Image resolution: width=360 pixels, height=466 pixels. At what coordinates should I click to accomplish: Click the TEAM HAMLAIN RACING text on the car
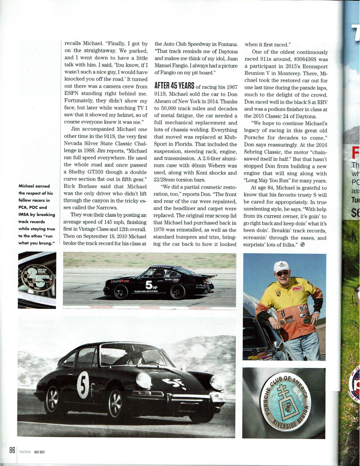coord(146,291)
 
